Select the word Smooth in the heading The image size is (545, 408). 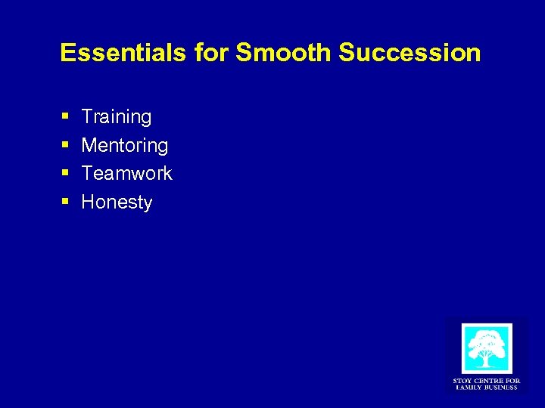click(x=284, y=52)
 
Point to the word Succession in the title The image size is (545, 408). click(x=410, y=52)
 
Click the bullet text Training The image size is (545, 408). click(x=117, y=117)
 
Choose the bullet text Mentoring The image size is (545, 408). click(x=125, y=145)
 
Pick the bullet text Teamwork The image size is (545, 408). click(x=127, y=173)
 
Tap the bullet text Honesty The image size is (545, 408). click(x=117, y=202)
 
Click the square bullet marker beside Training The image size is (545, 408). click(x=65, y=117)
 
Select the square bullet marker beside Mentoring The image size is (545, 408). click(x=65, y=145)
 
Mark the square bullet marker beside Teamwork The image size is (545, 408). click(x=65, y=174)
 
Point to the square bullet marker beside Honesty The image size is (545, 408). click(x=65, y=202)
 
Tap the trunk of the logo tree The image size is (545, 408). click(x=487, y=358)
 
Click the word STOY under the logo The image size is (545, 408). click(x=462, y=380)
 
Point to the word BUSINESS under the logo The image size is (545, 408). click(x=502, y=387)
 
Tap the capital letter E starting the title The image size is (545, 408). click(x=67, y=52)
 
